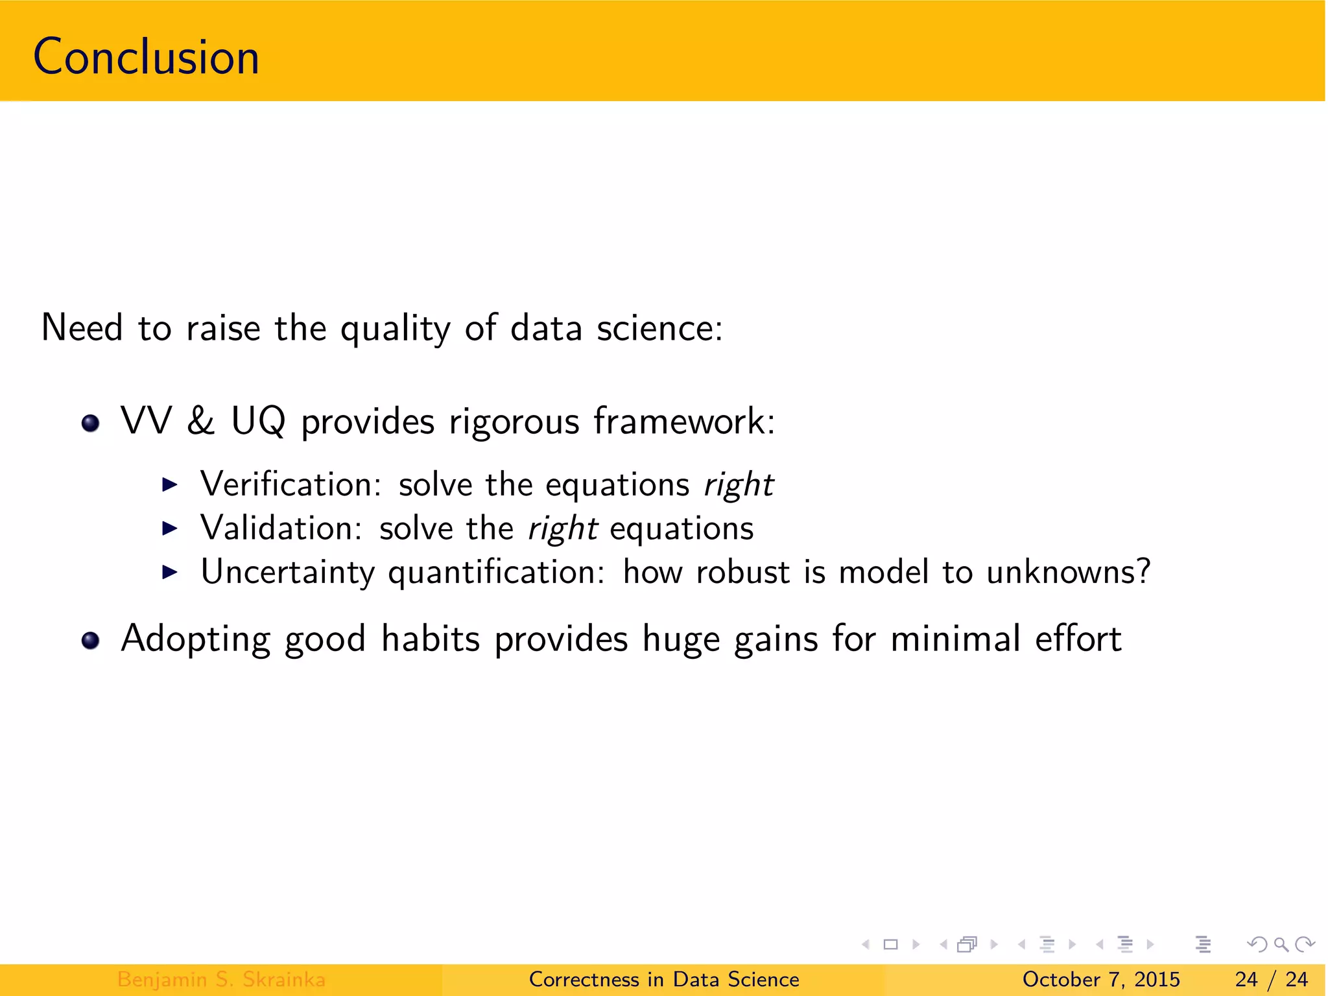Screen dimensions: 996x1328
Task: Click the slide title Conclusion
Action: (x=146, y=57)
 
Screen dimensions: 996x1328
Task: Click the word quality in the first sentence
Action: (x=395, y=328)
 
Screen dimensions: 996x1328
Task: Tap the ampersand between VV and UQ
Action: (x=200, y=421)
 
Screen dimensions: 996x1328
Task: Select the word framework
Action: (x=683, y=421)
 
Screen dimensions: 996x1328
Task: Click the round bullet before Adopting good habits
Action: (x=91, y=641)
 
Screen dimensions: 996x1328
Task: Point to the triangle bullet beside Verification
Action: (x=169, y=484)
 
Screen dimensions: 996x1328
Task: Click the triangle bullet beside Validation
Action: (x=169, y=528)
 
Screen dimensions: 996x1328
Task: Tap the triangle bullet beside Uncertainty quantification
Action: (x=169, y=572)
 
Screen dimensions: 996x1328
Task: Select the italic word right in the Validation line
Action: (x=562, y=529)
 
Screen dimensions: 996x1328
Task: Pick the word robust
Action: (x=742, y=572)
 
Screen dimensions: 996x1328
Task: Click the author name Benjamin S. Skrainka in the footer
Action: (x=221, y=979)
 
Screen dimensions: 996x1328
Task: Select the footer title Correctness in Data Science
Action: (x=664, y=979)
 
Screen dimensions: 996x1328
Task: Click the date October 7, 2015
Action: (x=1100, y=979)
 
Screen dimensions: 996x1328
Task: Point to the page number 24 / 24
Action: (x=1271, y=979)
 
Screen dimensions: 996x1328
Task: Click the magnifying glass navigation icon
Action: (x=1281, y=945)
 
